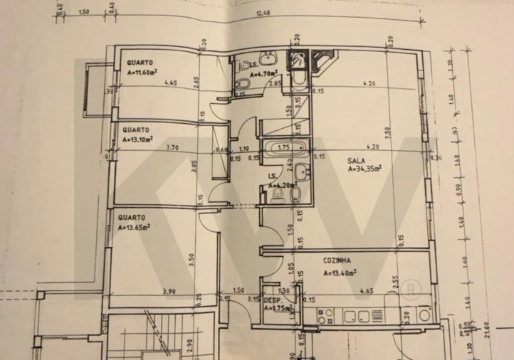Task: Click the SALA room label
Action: (x=357, y=161)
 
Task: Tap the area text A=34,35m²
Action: (x=364, y=169)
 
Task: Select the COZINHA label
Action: (x=337, y=261)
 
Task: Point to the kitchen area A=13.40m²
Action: (x=340, y=271)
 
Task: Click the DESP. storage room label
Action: (x=271, y=301)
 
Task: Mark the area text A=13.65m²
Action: (x=134, y=227)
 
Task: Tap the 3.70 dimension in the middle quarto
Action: (x=151, y=149)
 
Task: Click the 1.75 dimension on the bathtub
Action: (x=283, y=147)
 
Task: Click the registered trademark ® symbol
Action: (x=411, y=290)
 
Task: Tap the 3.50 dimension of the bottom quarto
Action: (x=192, y=259)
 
